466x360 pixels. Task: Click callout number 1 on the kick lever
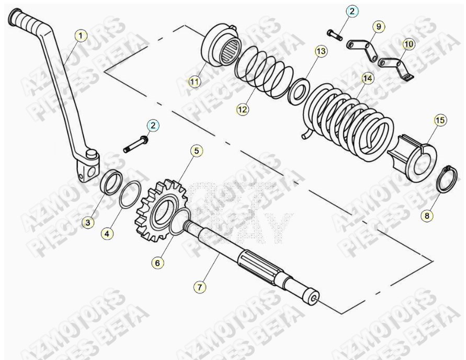(80, 36)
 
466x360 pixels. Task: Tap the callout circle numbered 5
(196, 151)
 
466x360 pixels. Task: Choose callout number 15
(439, 120)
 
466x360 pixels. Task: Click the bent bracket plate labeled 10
(397, 66)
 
